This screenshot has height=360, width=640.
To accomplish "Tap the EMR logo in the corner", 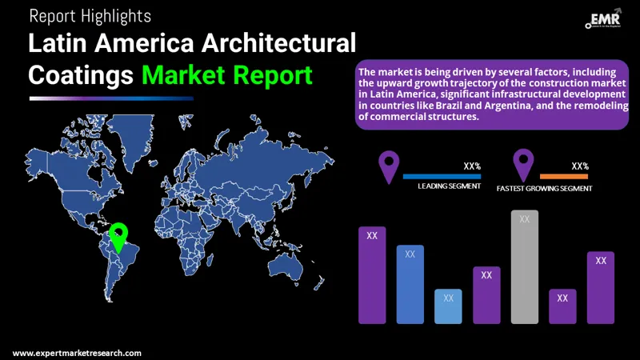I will (x=606, y=20).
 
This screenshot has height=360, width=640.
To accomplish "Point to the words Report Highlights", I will (x=90, y=15).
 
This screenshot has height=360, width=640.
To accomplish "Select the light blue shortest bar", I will (x=448, y=306).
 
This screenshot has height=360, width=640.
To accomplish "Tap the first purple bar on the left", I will (x=372, y=274).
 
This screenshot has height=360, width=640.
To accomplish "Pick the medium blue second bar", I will (x=410, y=284).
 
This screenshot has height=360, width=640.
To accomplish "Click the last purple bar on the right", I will (x=601, y=287).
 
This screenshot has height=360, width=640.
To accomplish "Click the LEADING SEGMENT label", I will (x=449, y=186).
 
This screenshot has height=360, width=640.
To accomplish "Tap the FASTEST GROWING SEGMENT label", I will (x=544, y=189).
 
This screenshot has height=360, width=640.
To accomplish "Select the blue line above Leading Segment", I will (x=442, y=176).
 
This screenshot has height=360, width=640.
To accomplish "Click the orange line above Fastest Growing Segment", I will (x=564, y=176).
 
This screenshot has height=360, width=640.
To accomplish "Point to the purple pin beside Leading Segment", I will (x=389, y=166).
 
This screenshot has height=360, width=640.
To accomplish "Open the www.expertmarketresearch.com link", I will (x=77, y=353).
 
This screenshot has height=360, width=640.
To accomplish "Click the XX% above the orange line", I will (x=580, y=166).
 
